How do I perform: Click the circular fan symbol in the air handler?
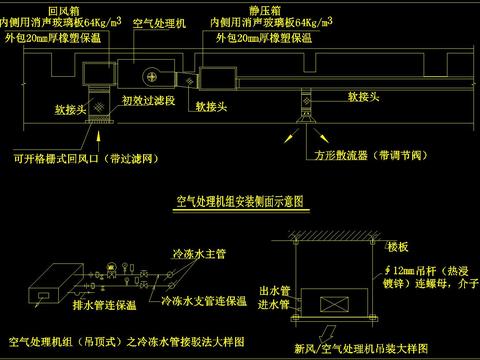click(154, 75)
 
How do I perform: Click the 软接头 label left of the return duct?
click(54, 112)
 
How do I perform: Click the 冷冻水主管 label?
click(196, 253)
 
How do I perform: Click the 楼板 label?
click(398, 246)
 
